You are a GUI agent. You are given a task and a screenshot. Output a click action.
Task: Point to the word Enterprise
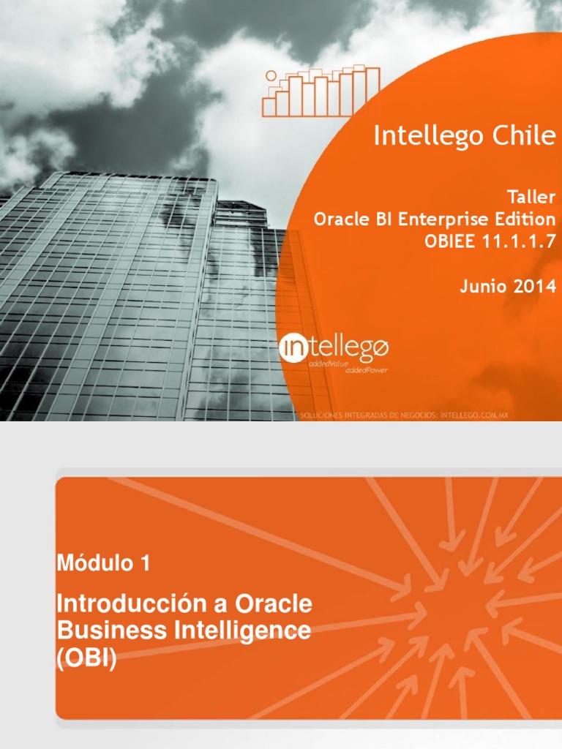click(443, 219)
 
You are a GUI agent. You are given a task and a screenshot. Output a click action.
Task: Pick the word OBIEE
click(449, 242)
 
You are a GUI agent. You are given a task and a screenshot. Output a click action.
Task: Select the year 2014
click(534, 287)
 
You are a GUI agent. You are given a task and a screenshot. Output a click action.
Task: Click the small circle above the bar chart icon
click(271, 75)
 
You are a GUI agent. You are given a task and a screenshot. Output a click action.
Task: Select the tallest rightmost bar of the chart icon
click(372, 91)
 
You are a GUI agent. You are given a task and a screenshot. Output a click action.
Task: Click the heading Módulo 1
click(103, 563)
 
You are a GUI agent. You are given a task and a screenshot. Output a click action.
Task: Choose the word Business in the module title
click(100, 630)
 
